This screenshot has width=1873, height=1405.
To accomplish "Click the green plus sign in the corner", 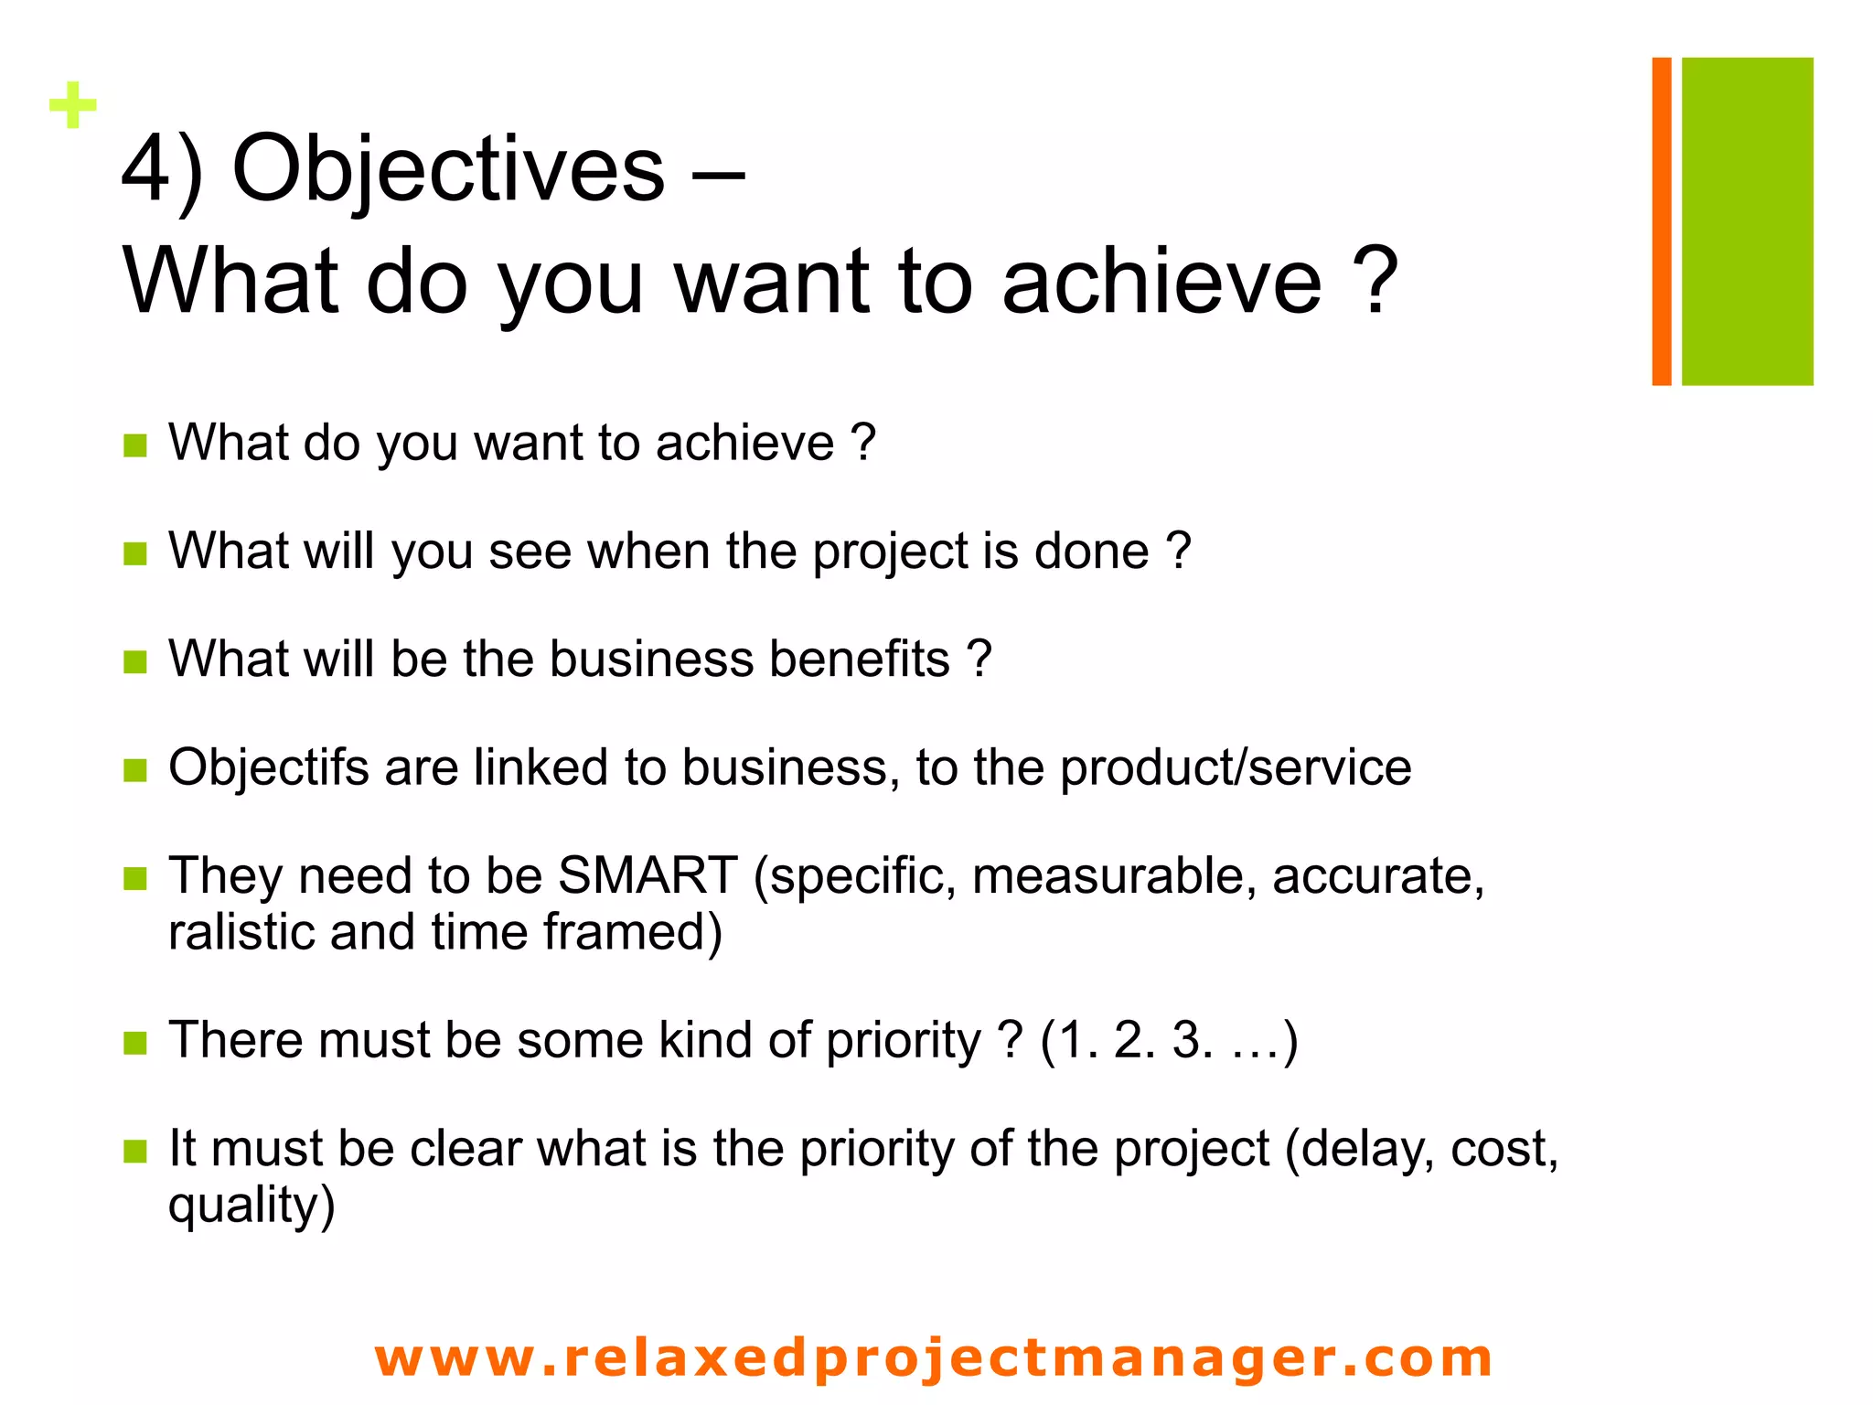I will point(73,105).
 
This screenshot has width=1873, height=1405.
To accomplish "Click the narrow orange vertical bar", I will point(1662,221).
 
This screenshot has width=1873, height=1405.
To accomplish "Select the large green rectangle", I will point(1747,221).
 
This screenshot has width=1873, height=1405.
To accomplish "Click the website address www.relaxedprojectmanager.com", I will point(934,1357).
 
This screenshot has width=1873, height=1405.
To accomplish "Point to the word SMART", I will point(648,875).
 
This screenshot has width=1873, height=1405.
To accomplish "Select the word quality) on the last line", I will point(252,1205).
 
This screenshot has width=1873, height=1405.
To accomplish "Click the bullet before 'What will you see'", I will point(135,553).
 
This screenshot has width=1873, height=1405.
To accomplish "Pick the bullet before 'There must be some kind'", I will point(135,1043).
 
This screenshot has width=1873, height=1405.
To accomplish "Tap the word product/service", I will point(1236,767).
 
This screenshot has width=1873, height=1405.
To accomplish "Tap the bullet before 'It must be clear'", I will point(135,1151).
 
